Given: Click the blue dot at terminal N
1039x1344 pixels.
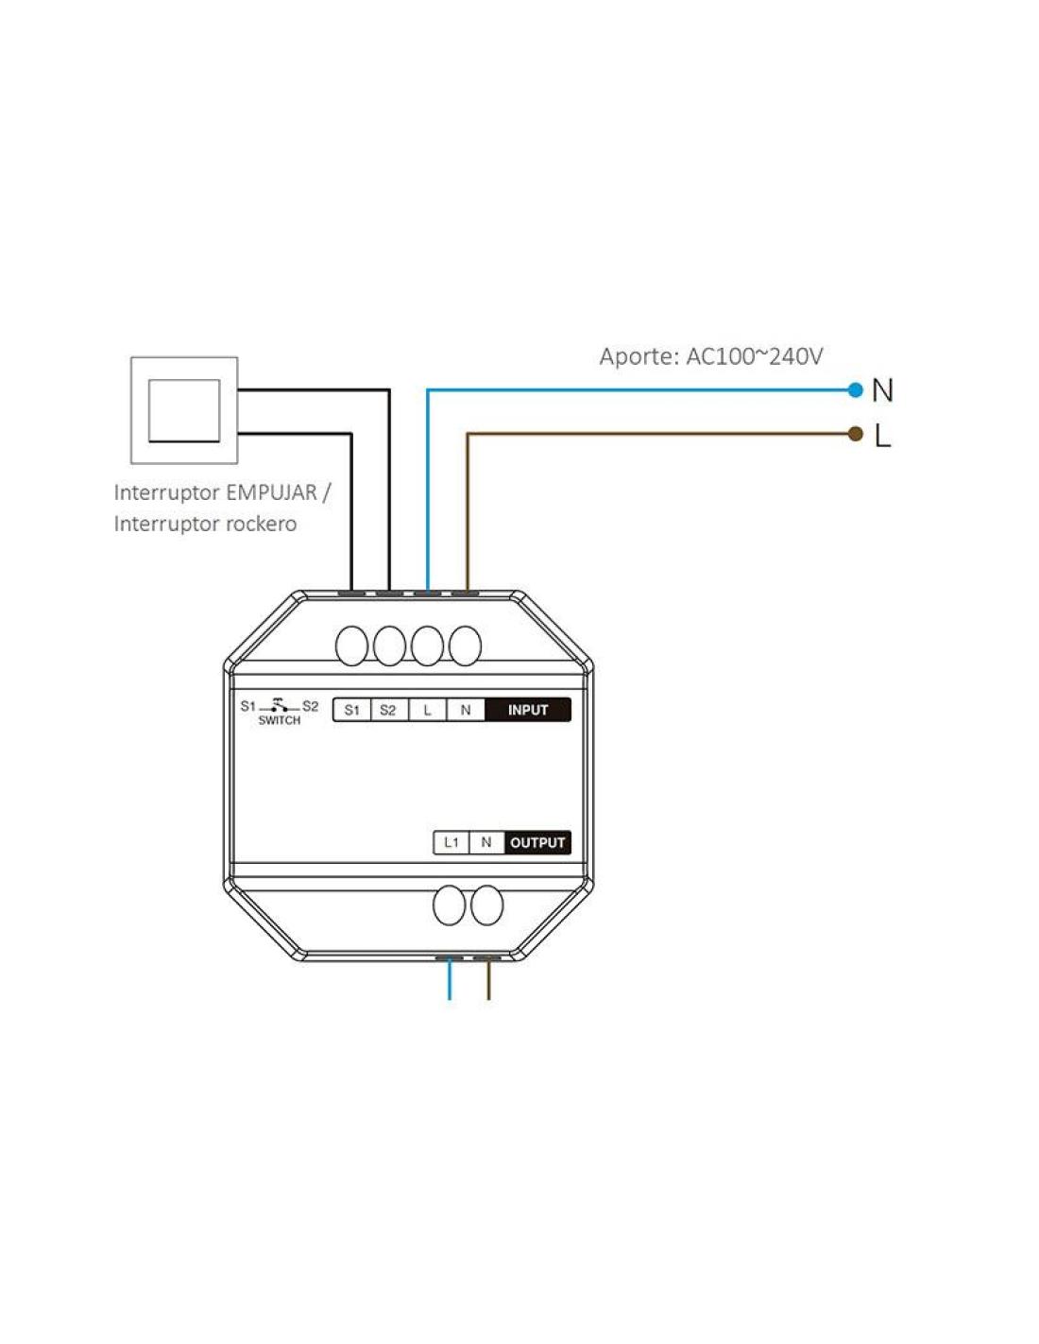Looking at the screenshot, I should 856,389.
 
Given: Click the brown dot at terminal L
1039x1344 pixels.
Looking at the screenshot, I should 856,434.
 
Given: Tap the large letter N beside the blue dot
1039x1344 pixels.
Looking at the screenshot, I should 882,390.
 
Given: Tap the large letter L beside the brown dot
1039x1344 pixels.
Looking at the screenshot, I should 882,436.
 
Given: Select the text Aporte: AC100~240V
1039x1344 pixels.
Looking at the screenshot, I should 710,356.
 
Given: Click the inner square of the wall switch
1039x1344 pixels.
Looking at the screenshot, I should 184,410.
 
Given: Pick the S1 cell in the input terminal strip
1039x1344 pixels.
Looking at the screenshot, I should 352,710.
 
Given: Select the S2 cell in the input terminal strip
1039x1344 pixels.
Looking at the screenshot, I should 388,710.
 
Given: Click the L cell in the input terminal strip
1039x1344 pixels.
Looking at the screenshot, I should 427,710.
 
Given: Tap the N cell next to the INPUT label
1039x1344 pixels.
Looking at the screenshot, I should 466,710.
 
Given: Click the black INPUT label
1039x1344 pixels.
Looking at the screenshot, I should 528,710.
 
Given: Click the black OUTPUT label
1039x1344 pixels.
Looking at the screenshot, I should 537,842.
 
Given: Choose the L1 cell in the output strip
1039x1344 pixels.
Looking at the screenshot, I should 451,842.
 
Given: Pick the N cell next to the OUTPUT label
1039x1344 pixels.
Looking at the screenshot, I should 486,842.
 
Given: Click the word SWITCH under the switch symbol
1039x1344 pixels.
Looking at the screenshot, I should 280,720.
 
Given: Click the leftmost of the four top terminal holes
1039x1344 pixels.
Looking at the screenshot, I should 351,646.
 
